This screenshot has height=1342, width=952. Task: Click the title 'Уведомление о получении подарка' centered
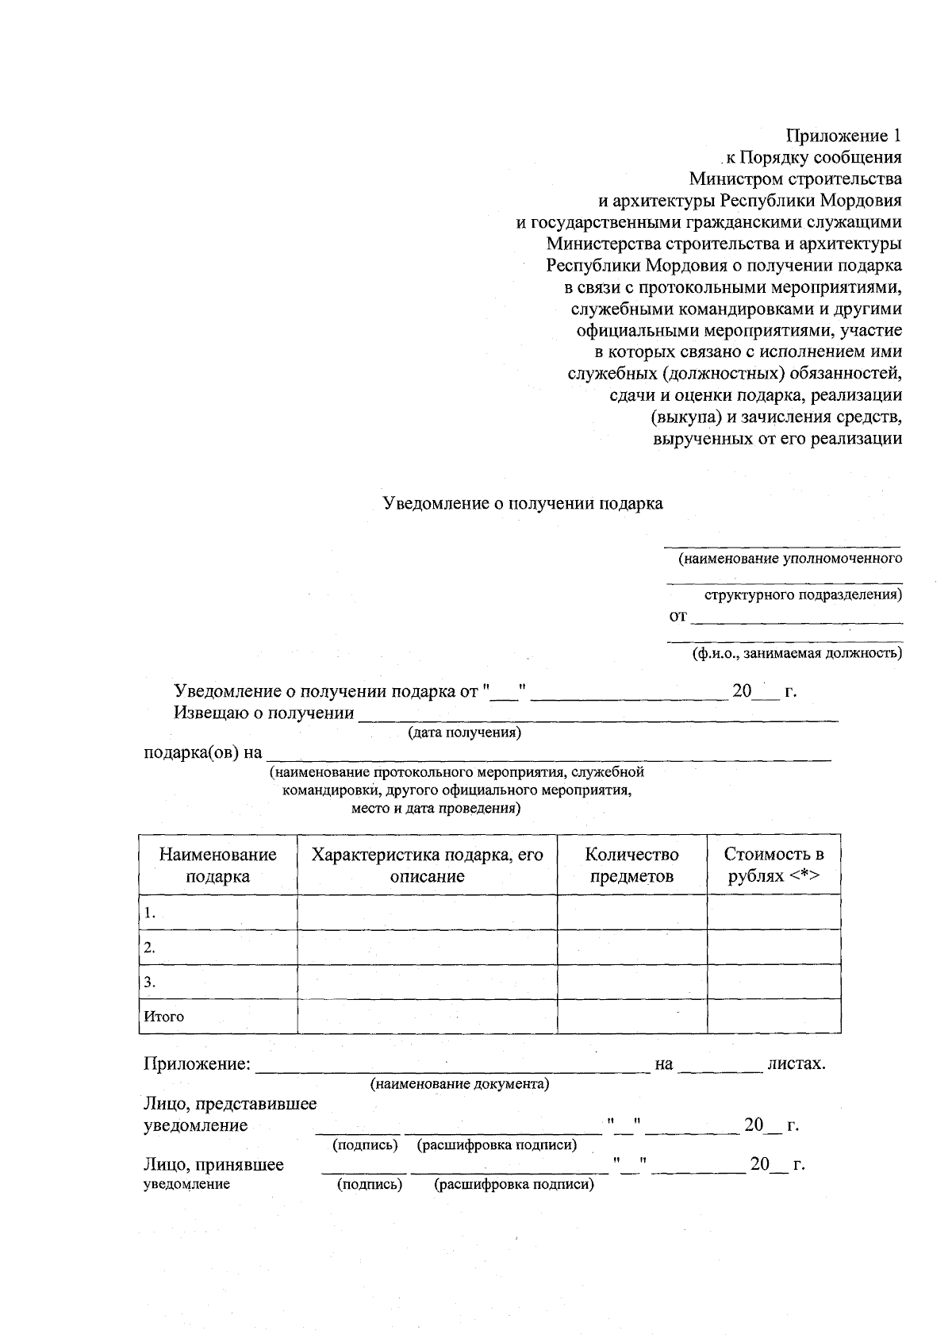point(523,504)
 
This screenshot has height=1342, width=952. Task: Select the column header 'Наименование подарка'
point(218,865)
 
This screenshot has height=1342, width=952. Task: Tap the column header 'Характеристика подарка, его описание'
point(427,865)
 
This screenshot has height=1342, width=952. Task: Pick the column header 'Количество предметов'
point(631,865)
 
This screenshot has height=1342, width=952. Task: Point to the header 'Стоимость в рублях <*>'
point(773,865)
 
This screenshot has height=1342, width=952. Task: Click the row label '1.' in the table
point(149,913)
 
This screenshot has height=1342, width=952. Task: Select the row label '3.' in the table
point(149,982)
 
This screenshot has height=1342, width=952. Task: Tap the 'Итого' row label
point(164,1017)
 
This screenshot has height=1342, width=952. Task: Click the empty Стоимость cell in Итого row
point(773,1017)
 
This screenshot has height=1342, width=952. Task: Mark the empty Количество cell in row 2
point(631,948)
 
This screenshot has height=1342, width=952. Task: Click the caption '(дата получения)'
point(464,733)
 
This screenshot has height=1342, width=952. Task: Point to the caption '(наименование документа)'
point(460,1084)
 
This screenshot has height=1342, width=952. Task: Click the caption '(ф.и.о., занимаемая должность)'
point(797,654)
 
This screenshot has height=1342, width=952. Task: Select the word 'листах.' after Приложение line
point(797,1063)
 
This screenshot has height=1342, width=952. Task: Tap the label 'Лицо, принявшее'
point(213,1165)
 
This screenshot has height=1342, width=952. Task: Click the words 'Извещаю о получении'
point(263,713)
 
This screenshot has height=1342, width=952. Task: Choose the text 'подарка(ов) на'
point(202,752)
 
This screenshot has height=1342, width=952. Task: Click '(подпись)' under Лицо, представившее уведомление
point(364,1145)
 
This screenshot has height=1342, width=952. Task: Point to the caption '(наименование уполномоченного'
point(790,559)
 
